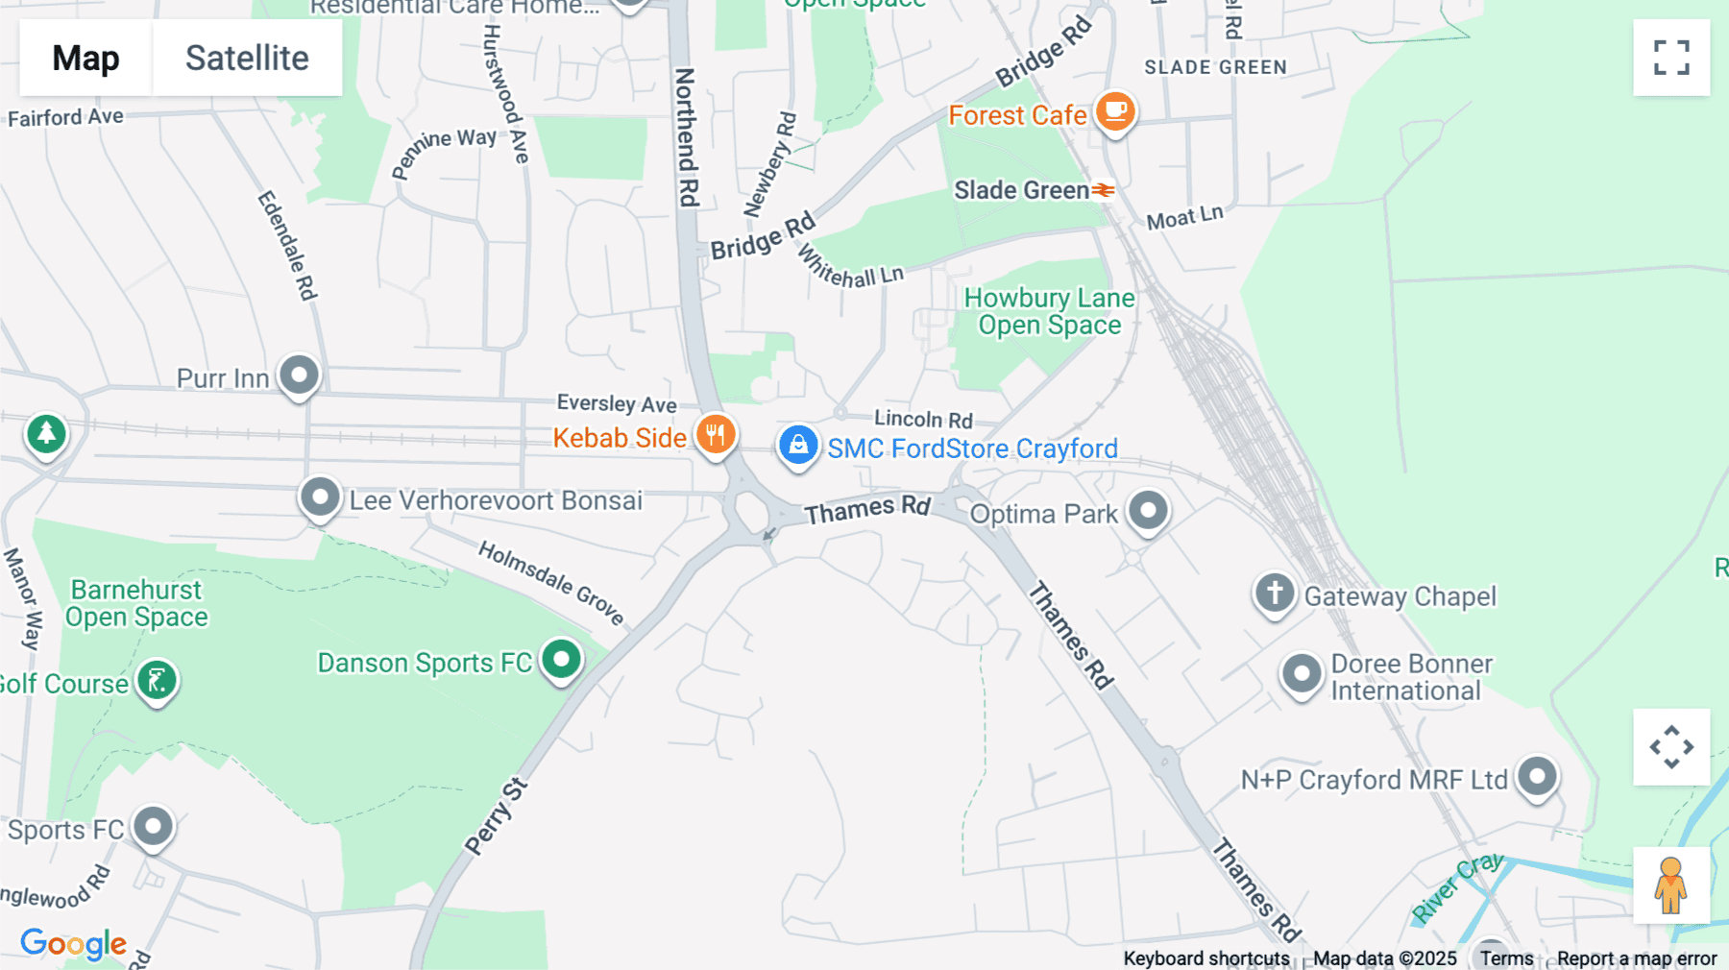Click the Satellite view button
tap(247, 58)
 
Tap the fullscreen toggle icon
tap(1671, 58)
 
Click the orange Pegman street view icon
tap(1670, 885)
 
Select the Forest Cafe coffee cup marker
tap(1115, 111)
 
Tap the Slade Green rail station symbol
tap(1103, 190)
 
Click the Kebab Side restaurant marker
tap(716, 435)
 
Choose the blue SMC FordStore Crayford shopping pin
tap(797, 446)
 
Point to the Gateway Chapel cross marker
tap(1275, 593)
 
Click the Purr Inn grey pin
tap(299, 375)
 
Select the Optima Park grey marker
tap(1148, 510)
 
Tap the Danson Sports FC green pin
tap(561, 660)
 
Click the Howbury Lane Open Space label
tap(1049, 311)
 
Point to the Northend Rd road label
tap(686, 136)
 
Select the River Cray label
tap(1457, 887)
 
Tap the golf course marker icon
tap(157, 681)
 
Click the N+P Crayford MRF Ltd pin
tap(1537, 776)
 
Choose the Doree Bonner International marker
tap(1302, 673)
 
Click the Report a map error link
tap(1636, 958)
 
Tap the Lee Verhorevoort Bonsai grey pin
tap(320, 497)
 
